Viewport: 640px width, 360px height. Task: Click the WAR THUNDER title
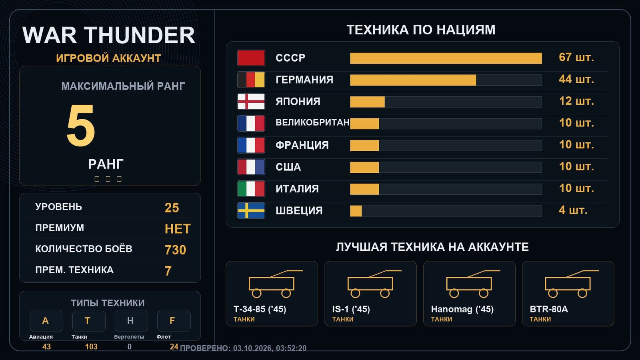108,36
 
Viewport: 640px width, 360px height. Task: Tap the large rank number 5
80,125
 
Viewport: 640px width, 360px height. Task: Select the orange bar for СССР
446,58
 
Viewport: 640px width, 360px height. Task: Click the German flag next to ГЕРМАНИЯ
251,80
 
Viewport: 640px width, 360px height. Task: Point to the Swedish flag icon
251,210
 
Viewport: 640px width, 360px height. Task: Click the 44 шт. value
576,79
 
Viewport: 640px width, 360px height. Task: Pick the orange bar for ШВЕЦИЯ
356,211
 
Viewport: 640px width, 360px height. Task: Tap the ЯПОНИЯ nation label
298,102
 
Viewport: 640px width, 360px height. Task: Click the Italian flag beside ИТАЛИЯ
251,189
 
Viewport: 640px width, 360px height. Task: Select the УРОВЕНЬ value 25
172,208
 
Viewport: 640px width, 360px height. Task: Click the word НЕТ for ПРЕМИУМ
178,229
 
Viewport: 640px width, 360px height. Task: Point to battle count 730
175,250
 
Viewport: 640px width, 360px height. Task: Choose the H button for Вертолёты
131,321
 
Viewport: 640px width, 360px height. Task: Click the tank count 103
91,346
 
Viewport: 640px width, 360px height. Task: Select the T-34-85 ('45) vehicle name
260,309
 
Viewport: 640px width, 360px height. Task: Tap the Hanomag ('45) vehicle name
462,309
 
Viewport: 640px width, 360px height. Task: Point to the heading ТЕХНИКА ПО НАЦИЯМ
421,30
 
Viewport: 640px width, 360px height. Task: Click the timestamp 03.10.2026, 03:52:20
270,348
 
